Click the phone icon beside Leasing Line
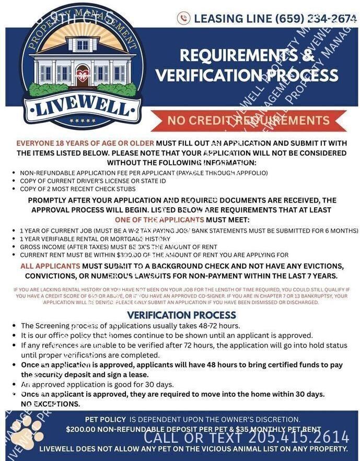(183, 18)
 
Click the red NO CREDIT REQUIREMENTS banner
(248, 121)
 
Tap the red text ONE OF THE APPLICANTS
(159, 220)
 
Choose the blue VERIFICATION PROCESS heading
(181, 315)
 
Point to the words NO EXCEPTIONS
(51, 404)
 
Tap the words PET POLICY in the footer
(106, 419)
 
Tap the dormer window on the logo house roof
(83, 45)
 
